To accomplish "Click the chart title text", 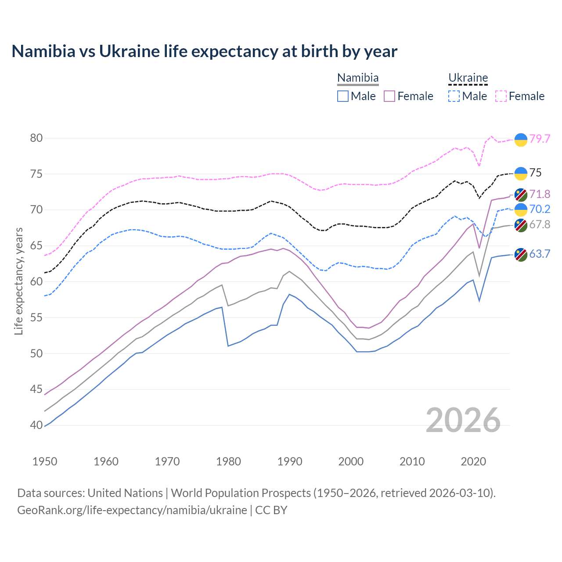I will pos(204,51).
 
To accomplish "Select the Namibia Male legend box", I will pos(343,96).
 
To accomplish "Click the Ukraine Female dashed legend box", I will pos(501,96).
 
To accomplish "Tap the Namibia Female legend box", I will pos(389,96).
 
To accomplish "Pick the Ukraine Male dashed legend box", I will pos(454,96).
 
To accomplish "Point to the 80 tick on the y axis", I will pos(36,138).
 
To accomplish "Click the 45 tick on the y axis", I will pos(36,389).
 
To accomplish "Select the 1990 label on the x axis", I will pos(290,461).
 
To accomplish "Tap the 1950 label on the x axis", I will pos(45,461).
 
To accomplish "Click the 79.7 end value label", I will pos(540,139).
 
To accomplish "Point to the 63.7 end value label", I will pos(540,254).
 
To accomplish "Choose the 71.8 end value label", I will pos(540,194).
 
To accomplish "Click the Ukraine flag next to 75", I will pos(521,173).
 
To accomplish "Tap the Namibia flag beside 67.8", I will pos(521,225).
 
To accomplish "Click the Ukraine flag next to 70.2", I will pos(521,209).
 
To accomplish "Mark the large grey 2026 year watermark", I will pos(463,420).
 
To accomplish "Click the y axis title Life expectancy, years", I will pos(18,281).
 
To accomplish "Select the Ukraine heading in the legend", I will pos(468,78).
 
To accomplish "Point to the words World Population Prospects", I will pos(241,493).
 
